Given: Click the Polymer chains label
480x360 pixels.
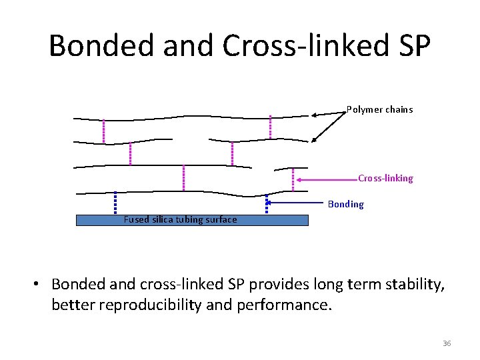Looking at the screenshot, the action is tap(379, 109).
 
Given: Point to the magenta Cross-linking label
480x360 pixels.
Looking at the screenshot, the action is tap(385, 178).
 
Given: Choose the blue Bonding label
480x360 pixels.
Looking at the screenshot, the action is tap(346, 204).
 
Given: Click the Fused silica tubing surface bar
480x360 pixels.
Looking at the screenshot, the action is tap(192, 220).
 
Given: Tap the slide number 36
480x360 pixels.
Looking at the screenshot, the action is tap(447, 343).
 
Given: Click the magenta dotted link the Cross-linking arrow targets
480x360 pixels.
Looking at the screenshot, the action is tap(293, 178).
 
